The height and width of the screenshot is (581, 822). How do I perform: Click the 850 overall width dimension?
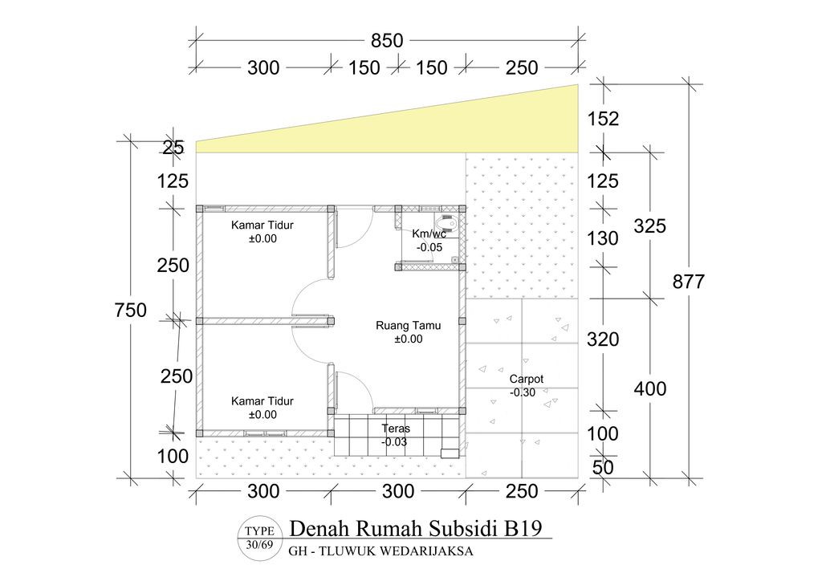click(387, 39)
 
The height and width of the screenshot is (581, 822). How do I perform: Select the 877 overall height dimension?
click(690, 282)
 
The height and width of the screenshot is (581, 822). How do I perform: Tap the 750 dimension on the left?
click(130, 310)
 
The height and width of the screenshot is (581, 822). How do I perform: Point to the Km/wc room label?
click(429, 234)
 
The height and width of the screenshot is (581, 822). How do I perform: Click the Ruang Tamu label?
click(408, 326)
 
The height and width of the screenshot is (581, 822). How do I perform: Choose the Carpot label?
click(527, 379)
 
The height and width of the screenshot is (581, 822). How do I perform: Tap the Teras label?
click(396, 429)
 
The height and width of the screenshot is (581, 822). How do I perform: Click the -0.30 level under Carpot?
click(524, 392)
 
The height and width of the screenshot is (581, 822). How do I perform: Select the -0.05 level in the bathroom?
click(429, 247)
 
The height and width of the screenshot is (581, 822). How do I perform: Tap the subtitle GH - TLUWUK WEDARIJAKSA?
click(380, 551)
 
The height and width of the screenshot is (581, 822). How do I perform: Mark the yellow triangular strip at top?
click(482, 128)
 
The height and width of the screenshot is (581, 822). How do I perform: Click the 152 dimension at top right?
click(603, 119)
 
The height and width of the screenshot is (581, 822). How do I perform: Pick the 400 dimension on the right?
click(650, 388)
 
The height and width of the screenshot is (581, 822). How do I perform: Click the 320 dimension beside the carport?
click(603, 339)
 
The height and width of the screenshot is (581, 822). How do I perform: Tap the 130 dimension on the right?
click(603, 238)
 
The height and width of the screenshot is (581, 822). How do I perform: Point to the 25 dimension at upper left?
click(173, 147)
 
